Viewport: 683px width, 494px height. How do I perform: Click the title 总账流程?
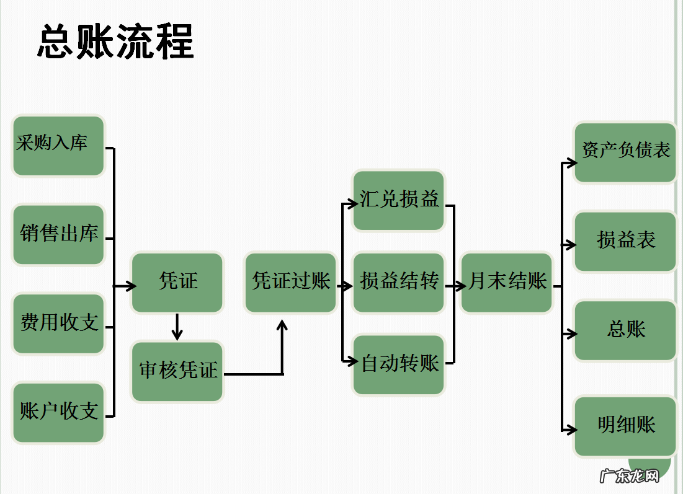[116, 42]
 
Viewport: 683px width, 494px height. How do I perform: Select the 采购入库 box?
[58, 146]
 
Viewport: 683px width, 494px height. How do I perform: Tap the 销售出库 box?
[58, 235]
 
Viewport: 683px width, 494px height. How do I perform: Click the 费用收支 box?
[58, 324]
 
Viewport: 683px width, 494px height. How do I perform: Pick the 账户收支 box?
[58, 413]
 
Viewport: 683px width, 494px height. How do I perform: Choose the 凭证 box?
[177, 283]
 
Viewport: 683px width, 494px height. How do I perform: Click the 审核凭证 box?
[177, 371]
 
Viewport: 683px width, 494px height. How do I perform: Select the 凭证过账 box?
[291, 283]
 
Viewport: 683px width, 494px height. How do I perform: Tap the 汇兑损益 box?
[399, 200]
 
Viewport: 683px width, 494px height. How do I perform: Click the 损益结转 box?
[399, 283]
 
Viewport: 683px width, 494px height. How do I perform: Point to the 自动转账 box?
[399, 364]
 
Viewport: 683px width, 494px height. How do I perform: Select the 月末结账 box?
[507, 283]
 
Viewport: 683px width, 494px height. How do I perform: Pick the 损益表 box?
[625, 242]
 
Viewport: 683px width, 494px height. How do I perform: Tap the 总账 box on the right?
[625, 330]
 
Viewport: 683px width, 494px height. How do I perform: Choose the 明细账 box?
[625, 426]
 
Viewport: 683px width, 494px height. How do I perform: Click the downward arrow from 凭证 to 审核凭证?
[177, 327]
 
